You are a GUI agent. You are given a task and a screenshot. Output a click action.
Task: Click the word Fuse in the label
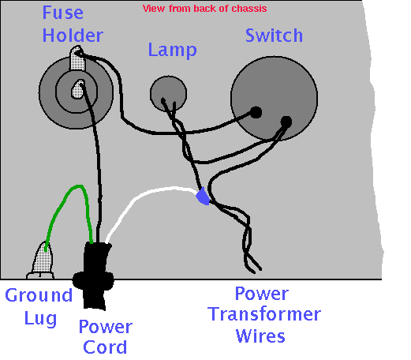point(63,13)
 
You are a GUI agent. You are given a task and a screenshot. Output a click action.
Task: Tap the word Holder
point(73,36)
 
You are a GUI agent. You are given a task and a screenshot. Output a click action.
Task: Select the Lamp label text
point(172,50)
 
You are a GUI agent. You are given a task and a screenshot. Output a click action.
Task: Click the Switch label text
point(274,36)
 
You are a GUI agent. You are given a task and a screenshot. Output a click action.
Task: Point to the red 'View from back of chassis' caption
point(205,9)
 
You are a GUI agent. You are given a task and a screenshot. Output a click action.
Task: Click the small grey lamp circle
point(168,93)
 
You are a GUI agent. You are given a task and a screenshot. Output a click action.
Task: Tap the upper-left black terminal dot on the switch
point(256,112)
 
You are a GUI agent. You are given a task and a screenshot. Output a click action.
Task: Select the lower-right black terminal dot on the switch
point(286,122)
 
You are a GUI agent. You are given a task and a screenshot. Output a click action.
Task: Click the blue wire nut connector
point(203,197)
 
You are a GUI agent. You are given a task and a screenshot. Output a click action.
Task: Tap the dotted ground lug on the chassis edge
point(42,260)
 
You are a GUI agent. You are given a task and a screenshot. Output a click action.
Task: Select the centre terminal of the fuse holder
point(78,89)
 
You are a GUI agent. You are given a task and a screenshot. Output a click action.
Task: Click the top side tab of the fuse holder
point(77,58)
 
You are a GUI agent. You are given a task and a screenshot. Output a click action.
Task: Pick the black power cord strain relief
point(93,275)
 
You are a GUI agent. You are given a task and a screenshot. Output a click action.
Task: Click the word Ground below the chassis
point(39,295)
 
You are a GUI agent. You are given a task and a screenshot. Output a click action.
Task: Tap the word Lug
point(40,319)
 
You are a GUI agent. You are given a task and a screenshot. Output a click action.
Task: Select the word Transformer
point(264,314)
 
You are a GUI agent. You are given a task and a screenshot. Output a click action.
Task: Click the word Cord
point(105,347)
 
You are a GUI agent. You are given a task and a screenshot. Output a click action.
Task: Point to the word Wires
point(260,336)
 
